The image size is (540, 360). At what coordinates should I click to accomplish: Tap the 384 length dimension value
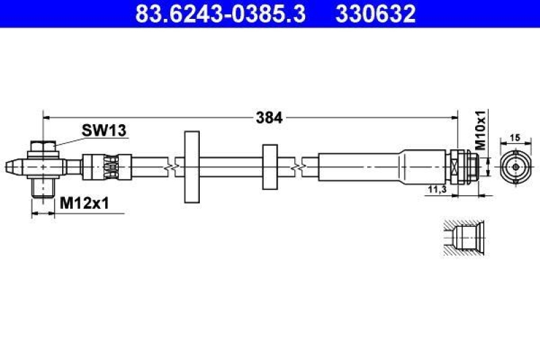pos(269,118)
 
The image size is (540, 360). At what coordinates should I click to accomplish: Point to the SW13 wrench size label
pos(104,130)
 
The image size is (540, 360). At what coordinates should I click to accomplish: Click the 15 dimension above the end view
pos(514,137)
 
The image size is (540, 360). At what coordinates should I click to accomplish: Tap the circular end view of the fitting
pos(514,164)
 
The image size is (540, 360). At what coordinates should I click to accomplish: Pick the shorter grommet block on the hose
pos(269,165)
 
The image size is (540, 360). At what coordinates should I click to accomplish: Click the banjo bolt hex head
pos(42,147)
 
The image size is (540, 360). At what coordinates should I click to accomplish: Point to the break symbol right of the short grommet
pos(296,164)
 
